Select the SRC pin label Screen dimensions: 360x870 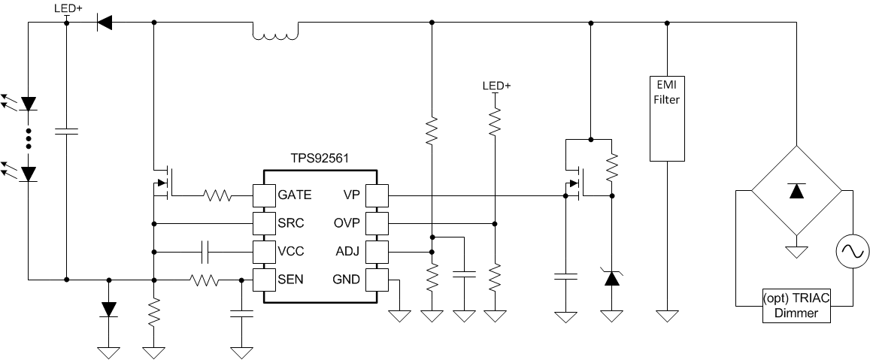(292, 224)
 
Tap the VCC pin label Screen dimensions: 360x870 (292, 252)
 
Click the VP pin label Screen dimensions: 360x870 (350, 195)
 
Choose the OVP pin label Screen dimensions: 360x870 (347, 224)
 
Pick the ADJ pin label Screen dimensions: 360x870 (347, 252)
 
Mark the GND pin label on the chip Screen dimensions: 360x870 (347, 280)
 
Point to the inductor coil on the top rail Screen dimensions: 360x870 (275, 31)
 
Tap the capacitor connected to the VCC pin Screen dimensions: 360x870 (205, 252)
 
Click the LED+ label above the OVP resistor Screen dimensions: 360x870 (496, 86)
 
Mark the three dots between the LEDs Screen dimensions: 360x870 (29, 139)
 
